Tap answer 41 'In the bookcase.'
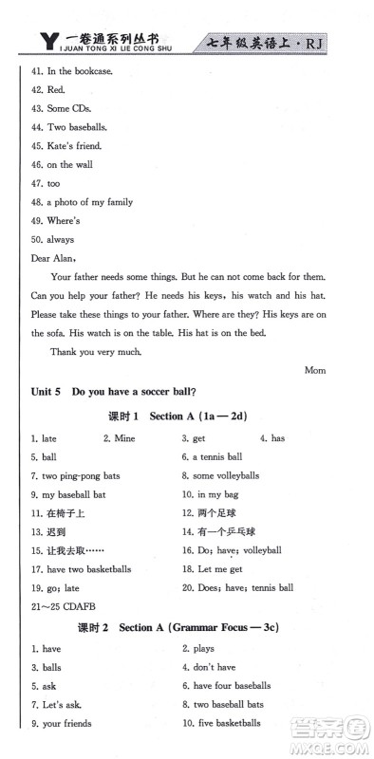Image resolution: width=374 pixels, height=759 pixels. (x=71, y=71)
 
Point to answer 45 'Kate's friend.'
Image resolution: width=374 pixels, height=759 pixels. (x=66, y=146)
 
